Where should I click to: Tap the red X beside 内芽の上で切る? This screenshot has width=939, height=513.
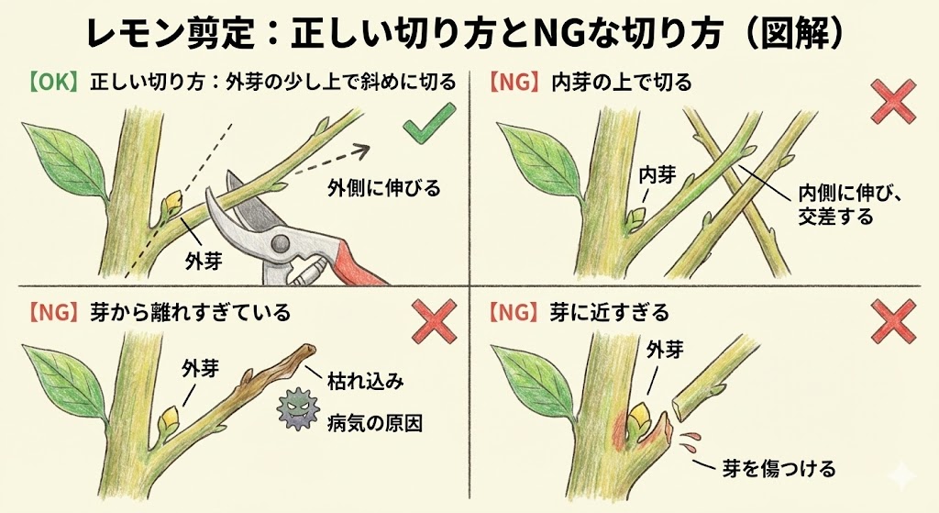click(892, 102)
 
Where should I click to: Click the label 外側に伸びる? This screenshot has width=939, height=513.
click(383, 188)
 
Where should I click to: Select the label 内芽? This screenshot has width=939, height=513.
click(657, 175)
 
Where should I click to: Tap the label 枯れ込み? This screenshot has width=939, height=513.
click(366, 381)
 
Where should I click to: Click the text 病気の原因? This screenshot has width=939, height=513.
click(375, 424)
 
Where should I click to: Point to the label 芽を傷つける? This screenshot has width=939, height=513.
click(779, 469)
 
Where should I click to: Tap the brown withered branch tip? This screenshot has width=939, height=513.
click(308, 349)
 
